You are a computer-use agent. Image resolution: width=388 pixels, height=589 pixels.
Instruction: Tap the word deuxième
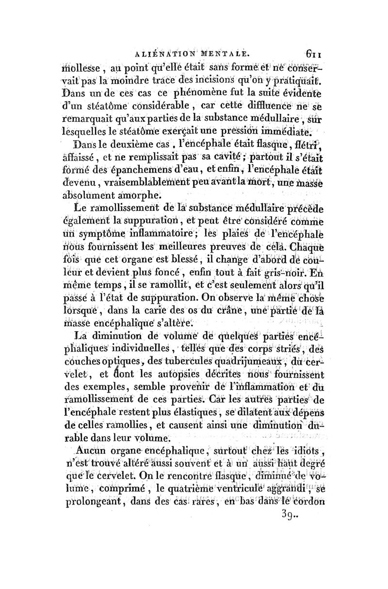[136, 144]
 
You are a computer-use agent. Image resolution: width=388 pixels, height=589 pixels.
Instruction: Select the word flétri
[306, 144]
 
